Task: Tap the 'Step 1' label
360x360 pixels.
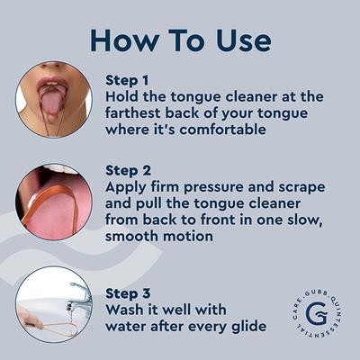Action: pyautogui.click(x=127, y=78)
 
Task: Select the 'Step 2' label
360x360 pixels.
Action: pyautogui.click(x=128, y=169)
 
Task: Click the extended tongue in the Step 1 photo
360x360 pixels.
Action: pyautogui.click(x=51, y=102)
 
